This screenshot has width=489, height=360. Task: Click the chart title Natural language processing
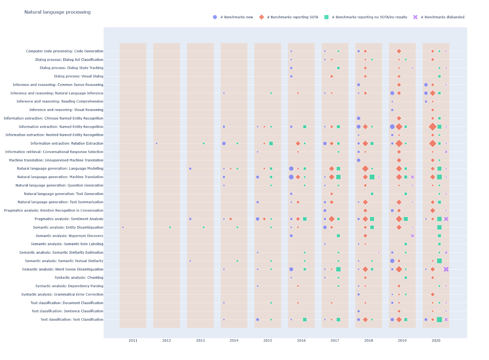(x=57, y=12)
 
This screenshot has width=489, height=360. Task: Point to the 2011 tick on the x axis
(x=133, y=340)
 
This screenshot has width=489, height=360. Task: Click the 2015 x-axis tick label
(x=268, y=340)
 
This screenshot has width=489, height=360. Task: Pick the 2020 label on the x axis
(x=436, y=340)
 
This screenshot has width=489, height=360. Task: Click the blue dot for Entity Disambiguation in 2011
(x=123, y=227)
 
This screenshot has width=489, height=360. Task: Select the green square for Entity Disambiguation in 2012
(x=170, y=227)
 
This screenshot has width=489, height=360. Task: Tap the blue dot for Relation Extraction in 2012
(x=156, y=143)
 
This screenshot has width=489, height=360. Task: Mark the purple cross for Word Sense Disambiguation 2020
(x=446, y=269)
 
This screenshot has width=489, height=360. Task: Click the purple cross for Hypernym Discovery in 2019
(x=412, y=236)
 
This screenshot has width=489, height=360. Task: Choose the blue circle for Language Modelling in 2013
(x=190, y=169)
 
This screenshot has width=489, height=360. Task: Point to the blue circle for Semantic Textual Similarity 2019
(x=392, y=261)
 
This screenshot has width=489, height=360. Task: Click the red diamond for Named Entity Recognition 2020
(x=432, y=127)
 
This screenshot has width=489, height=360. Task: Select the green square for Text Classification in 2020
(x=439, y=320)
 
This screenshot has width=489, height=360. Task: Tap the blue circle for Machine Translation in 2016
(x=291, y=177)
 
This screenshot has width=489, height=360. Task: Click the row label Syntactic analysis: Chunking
(x=79, y=277)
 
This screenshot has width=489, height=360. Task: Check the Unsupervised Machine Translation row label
(x=56, y=160)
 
